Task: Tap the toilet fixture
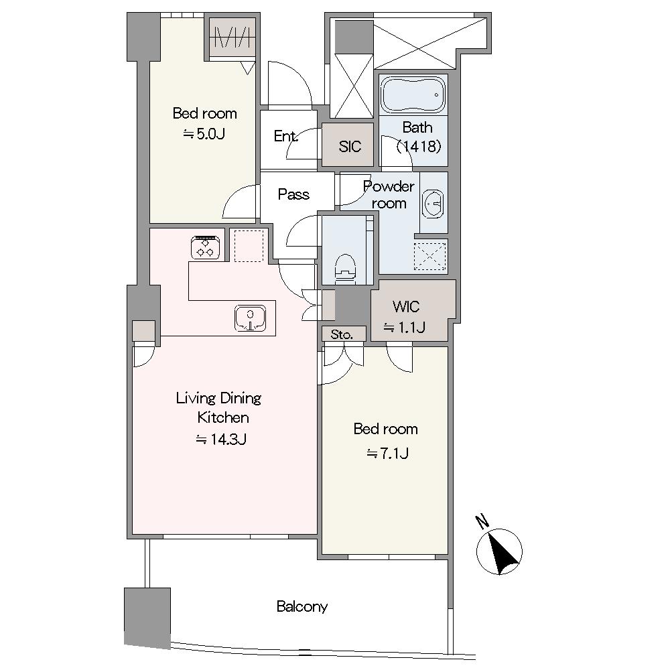pos(346,269)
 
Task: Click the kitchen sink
pos(251,318)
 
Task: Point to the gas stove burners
pos(206,247)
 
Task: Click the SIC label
pos(350,147)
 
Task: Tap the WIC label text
pos(406,306)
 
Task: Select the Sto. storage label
pos(342,334)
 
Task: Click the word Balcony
pos(302,606)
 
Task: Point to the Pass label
pos(293,194)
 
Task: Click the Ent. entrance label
pos(285,136)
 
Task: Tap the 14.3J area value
pos(221,440)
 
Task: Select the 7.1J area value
pos(387,453)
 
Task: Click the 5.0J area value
pos(204,134)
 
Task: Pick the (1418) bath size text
pos(418,147)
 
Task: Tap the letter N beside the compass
pos(482,521)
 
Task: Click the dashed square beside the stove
pos(249,246)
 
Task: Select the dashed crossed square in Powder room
pos(430,257)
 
